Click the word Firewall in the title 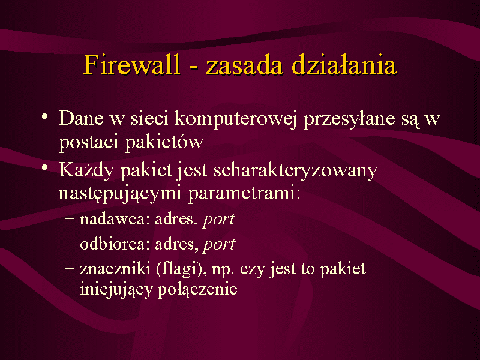131,64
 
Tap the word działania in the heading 344,64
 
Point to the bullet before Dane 45,116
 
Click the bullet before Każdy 45,168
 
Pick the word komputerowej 236,118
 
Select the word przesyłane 349,119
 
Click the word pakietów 164,142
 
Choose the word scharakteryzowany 295,170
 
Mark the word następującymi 119,193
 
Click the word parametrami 244,194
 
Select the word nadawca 115,219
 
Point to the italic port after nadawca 218,220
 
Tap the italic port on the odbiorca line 219,245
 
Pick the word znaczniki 115,268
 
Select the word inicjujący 116,289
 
